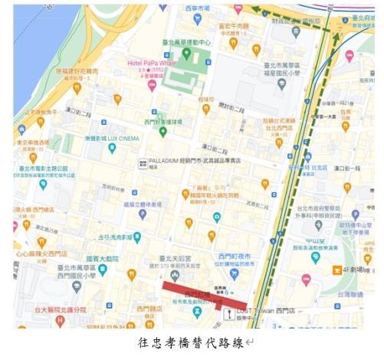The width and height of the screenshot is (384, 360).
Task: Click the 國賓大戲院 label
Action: (x=102, y=260)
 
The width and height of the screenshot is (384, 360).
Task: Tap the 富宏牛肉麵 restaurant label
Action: (x=235, y=25)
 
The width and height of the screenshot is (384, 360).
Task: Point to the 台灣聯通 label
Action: (x=352, y=293)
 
